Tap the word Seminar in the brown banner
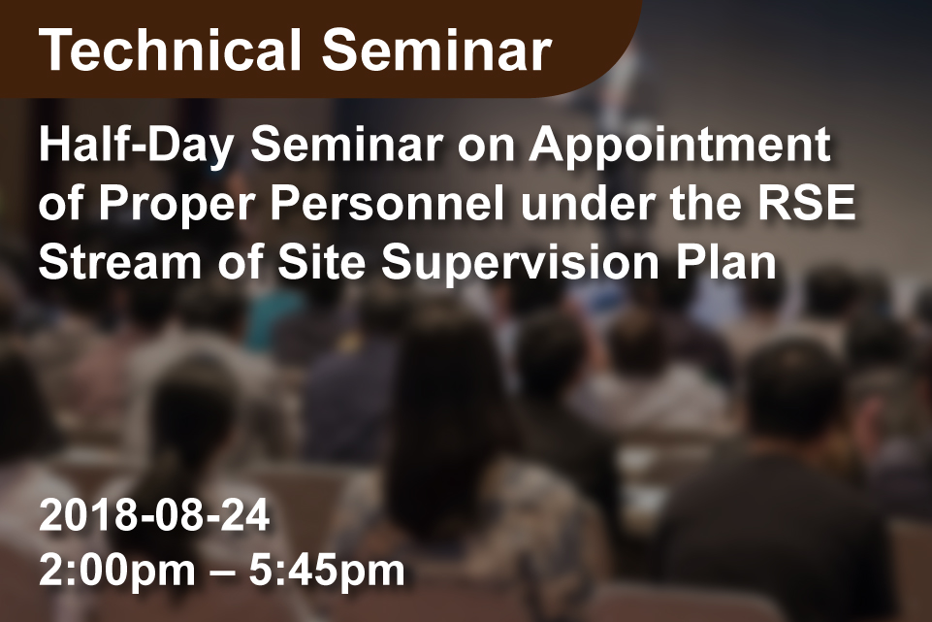pyautogui.click(x=436, y=49)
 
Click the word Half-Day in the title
pyautogui.click(x=136, y=146)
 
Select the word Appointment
pyautogui.click(x=680, y=146)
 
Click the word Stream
pyautogui.click(x=120, y=261)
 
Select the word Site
pyautogui.click(x=321, y=261)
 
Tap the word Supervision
pyautogui.click(x=520, y=263)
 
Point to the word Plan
pyautogui.click(x=725, y=261)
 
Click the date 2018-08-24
pyautogui.click(x=154, y=515)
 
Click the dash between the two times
pyautogui.click(x=222, y=573)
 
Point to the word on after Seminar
pyautogui.click(x=486, y=148)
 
